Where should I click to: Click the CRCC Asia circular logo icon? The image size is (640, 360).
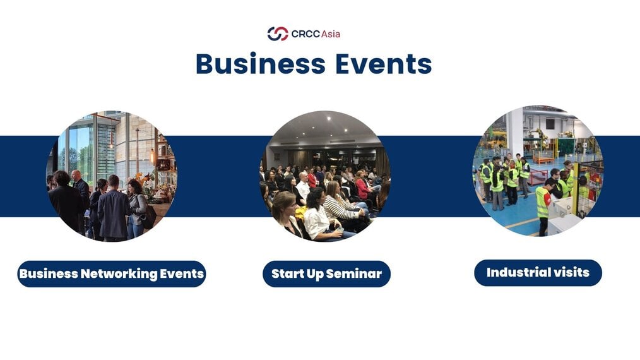click(278, 33)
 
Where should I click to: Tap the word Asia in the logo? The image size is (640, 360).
click(331, 34)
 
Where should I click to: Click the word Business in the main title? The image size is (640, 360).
click(261, 64)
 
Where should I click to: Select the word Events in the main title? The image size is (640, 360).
click(384, 64)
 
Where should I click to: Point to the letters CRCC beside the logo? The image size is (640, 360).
click(305, 34)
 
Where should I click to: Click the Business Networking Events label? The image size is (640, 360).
click(112, 273)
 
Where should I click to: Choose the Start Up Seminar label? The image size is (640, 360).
click(326, 273)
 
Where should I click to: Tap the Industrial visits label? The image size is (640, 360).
click(538, 273)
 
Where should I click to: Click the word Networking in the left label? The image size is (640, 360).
click(119, 273)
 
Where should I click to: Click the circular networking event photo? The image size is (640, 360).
click(112, 176)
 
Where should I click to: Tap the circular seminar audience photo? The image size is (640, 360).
click(325, 176)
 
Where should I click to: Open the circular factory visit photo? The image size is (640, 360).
click(538, 171)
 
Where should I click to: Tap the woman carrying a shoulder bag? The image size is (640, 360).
click(138, 208)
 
